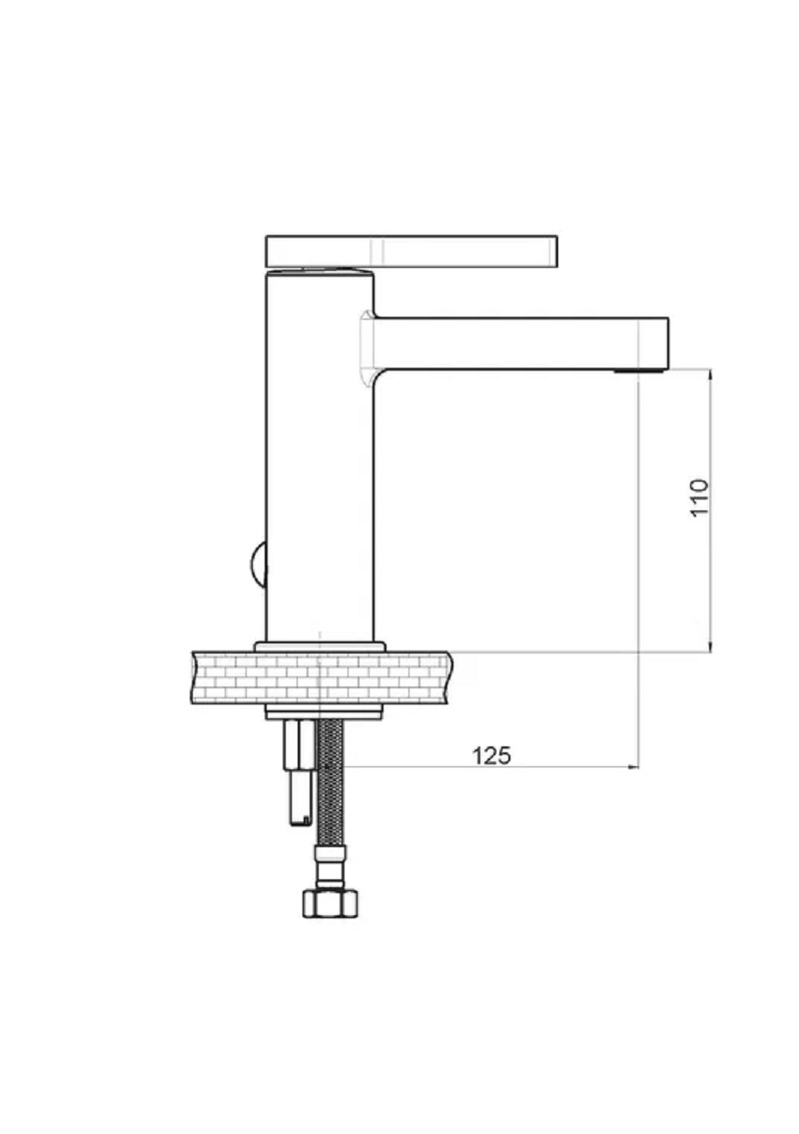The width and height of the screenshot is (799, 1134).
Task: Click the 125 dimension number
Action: coord(491,755)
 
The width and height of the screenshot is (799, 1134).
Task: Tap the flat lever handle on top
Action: coord(411,251)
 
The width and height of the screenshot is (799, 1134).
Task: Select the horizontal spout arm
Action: coord(520,344)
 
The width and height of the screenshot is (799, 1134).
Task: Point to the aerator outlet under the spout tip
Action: coord(637,371)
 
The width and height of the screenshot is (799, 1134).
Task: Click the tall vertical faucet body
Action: coord(321,456)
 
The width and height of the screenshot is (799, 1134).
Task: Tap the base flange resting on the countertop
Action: coord(321,646)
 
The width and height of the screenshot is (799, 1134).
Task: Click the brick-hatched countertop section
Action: coord(322,677)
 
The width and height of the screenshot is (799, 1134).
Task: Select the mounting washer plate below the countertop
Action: coord(324,713)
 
